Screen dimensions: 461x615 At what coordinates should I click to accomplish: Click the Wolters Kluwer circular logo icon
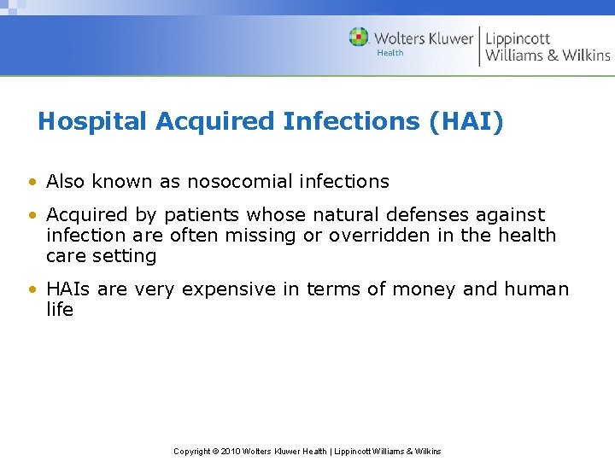pos(359,37)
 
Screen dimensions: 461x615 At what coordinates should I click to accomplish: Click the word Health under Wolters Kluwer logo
pos(390,53)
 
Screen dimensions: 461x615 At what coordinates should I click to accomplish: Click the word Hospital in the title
pos(93,122)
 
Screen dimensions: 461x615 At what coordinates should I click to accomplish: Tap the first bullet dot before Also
pos(32,182)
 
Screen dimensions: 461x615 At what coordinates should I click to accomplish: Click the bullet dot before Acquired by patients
pos(32,215)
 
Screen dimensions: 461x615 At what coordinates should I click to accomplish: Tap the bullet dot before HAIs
pos(32,289)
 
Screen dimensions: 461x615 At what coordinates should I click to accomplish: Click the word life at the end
pos(60,309)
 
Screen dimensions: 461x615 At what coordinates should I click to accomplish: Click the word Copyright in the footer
pos(192,451)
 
